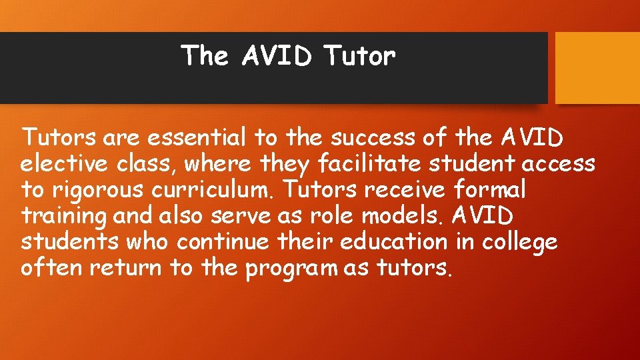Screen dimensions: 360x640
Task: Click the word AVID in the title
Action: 277,56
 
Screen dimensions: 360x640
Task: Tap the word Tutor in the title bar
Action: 360,56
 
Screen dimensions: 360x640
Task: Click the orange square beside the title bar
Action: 597,68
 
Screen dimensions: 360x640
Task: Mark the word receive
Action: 405,189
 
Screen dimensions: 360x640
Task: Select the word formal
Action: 489,189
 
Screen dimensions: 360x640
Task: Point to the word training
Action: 64,216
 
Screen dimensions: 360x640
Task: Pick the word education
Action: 393,241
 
